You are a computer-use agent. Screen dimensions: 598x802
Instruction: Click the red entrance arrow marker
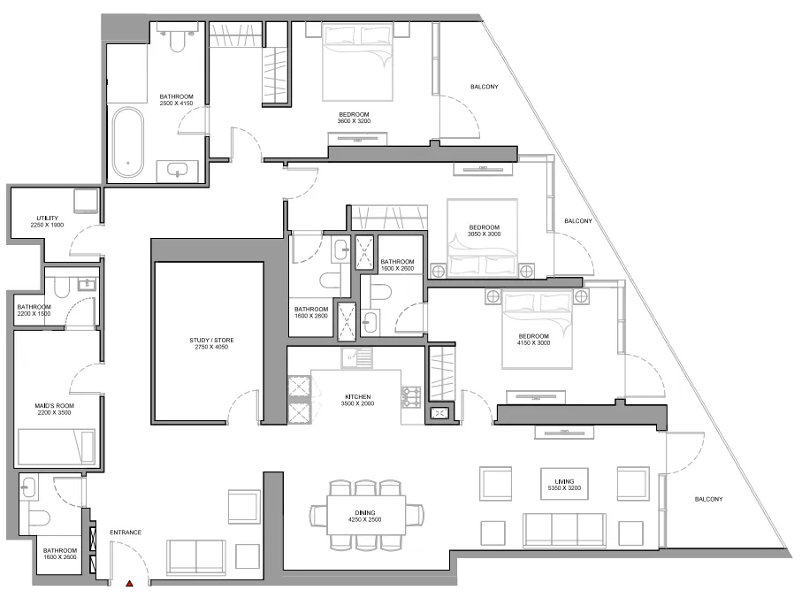(x=130, y=584)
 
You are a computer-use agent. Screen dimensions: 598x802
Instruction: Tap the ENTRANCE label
(x=126, y=533)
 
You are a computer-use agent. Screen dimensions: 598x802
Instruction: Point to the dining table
(x=366, y=514)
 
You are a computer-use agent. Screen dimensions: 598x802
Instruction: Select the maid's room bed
(x=56, y=446)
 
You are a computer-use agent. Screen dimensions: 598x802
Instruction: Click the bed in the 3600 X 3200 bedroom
(x=358, y=61)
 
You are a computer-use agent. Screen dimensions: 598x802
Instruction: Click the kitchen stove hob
(x=411, y=398)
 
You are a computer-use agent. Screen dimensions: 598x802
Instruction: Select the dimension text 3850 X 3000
(x=484, y=234)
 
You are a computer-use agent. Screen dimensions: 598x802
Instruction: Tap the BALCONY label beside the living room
(x=708, y=499)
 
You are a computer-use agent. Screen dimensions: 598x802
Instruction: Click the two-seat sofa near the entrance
(x=196, y=556)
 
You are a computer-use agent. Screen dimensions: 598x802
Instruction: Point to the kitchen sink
(x=358, y=357)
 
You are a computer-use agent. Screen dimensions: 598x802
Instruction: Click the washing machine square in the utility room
(x=86, y=203)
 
